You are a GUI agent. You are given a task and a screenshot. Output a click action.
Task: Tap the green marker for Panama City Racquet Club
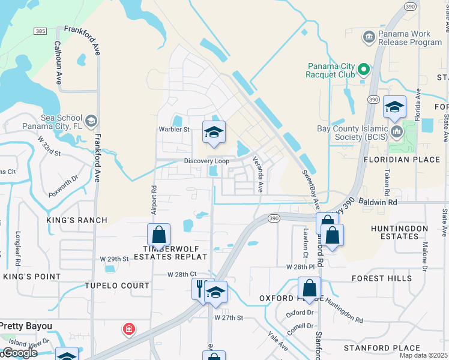pyautogui.click(x=363, y=70)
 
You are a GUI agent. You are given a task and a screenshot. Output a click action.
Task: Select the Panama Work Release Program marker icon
pyautogui.click(x=369, y=38)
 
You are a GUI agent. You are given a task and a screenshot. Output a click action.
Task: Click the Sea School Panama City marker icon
pyautogui.click(x=91, y=121)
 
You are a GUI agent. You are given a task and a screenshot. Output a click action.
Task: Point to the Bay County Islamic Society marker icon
pyautogui.click(x=396, y=131)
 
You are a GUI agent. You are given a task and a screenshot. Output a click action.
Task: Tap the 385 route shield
pyautogui.click(x=40, y=30)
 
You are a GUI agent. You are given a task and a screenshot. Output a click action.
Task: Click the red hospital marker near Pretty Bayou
pyautogui.click(x=128, y=329)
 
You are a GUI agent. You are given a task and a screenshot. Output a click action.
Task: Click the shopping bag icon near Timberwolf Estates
pyautogui.click(x=159, y=235)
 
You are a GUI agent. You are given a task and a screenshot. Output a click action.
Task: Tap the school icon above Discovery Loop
pyautogui.click(x=213, y=131)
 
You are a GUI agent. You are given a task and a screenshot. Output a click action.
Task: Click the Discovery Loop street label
pyautogui.click(x=206, y=161)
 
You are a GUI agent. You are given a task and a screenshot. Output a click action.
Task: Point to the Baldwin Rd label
pyautogui.click(x=379, y=203)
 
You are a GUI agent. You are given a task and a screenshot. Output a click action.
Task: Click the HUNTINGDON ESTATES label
pyautogui.click(x=403, y=232)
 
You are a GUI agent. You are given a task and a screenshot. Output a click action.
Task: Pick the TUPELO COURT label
pyautogui.click(x=117, y=286)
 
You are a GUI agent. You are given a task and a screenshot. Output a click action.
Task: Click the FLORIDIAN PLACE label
pyautogui.click(x=402, y=160)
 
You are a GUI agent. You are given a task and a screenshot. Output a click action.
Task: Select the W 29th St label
pyautogui.click(x=115, y=259)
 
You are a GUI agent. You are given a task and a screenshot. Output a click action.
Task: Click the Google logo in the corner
pyautogui.click(x=19, y=353)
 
